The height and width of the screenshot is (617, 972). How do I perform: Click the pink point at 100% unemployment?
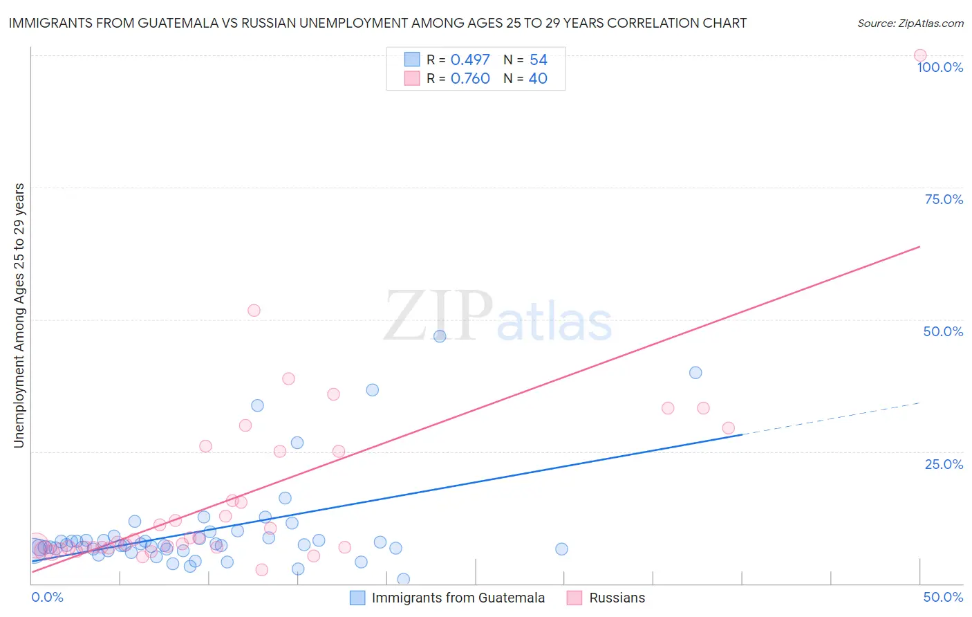point(919,55)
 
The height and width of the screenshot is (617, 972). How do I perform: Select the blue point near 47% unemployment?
point(440,336)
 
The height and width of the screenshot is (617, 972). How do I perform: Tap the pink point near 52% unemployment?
point(254,311)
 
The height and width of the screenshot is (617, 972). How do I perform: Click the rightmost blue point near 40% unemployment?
point(695,373)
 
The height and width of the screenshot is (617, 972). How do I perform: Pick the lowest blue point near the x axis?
point(404,579)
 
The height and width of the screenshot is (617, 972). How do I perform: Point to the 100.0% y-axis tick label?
point(940,67)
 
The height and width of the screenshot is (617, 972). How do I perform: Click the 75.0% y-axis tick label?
point(944,199)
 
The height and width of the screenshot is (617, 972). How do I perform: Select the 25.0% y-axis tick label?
point(944,464)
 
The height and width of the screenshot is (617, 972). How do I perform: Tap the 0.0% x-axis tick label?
point(47,598)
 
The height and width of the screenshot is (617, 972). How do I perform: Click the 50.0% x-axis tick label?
point(943,598)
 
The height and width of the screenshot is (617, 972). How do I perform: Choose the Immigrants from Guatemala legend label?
point(458,598)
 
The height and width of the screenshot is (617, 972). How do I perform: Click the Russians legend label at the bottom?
point(617,598)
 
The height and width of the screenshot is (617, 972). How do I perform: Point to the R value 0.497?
point(470,60)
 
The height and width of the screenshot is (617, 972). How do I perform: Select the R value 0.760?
point(470,79)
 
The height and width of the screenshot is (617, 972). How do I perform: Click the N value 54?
point(538,60)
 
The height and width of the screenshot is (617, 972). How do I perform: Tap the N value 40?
point(538,79)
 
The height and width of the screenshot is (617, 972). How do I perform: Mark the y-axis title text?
point(19,315)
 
